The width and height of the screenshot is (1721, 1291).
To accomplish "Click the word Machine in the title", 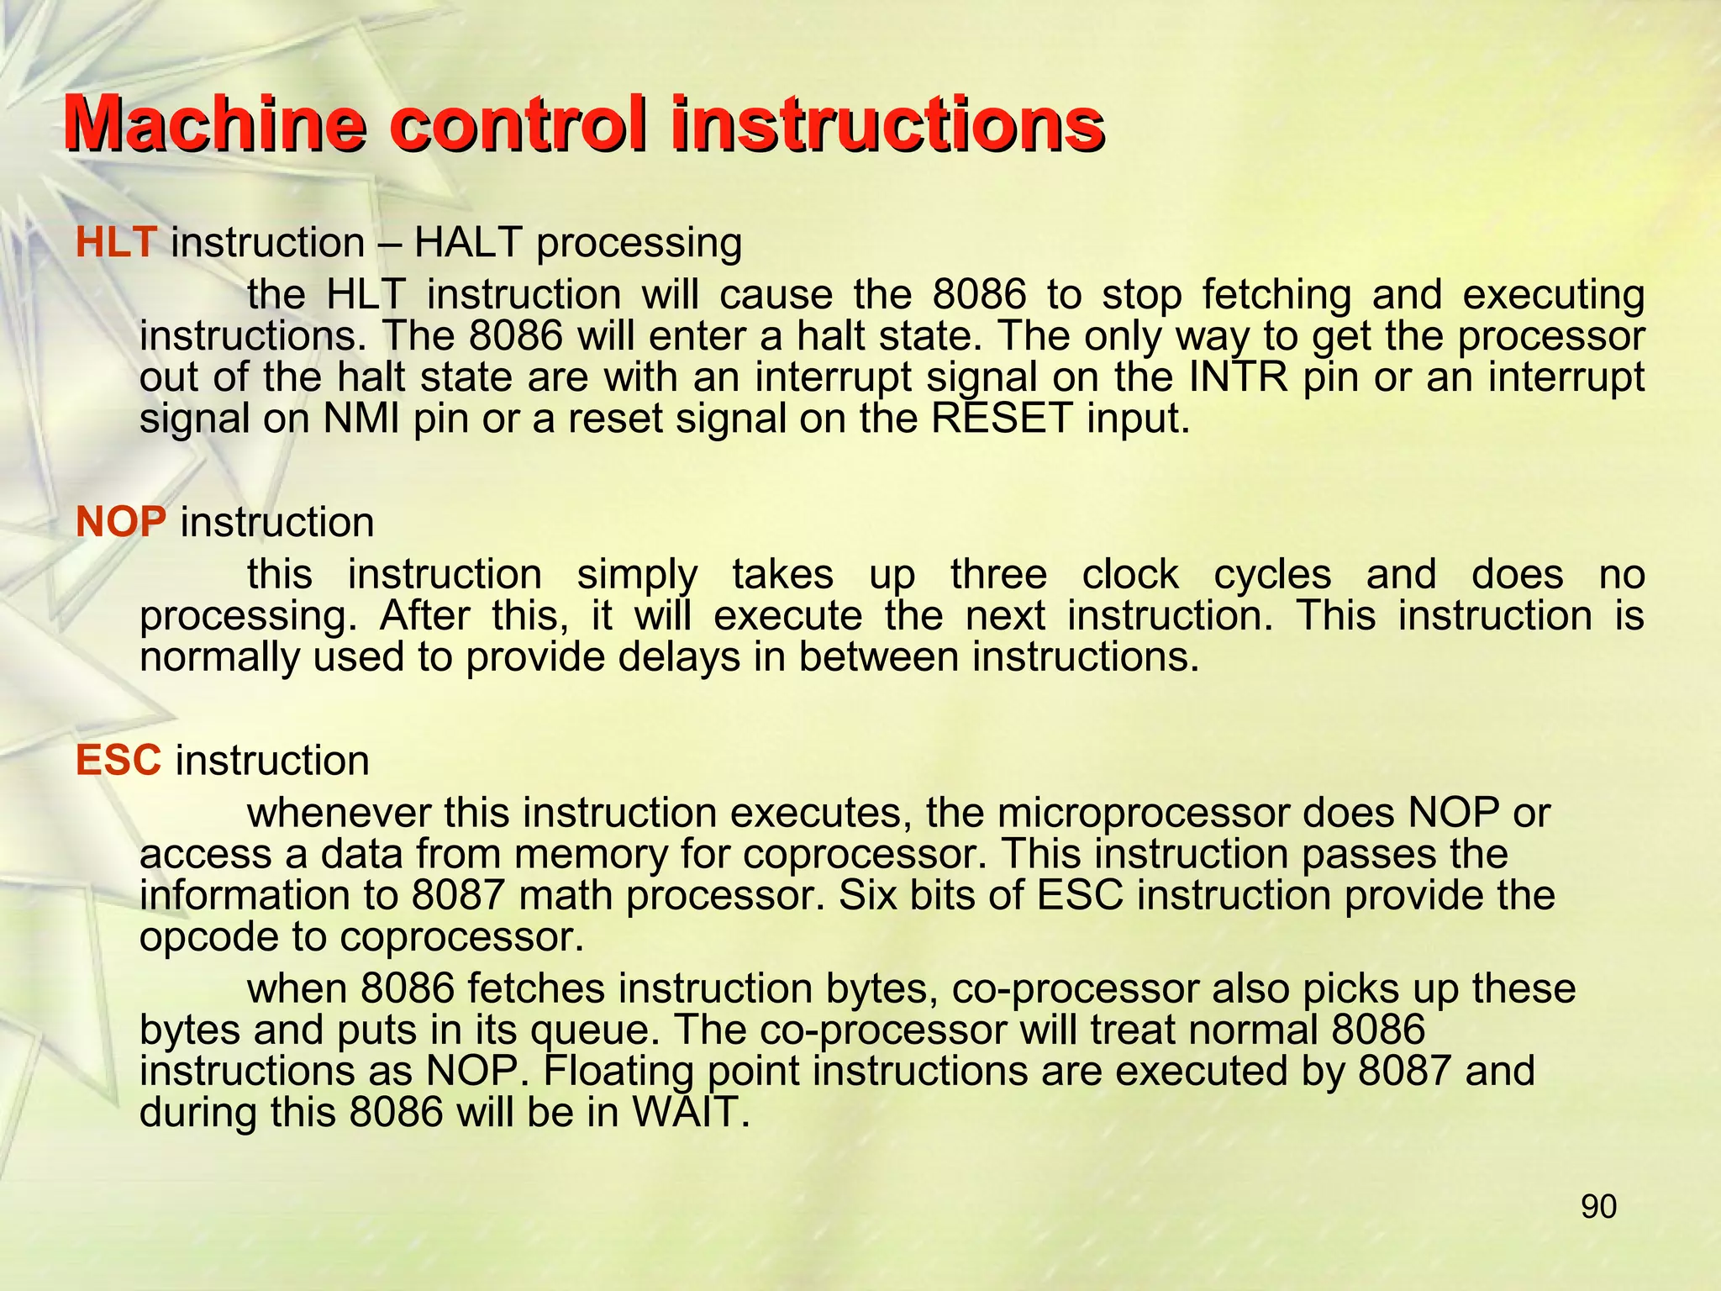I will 215,124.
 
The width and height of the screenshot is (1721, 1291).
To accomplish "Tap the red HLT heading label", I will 115,243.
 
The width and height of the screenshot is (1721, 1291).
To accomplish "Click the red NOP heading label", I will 121,523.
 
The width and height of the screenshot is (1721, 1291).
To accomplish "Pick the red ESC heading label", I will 118,761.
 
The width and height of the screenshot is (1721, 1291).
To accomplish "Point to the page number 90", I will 1598,1207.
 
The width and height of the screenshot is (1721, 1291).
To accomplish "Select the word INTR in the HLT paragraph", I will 1239,377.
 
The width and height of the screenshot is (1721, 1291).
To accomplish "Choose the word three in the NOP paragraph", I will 998,575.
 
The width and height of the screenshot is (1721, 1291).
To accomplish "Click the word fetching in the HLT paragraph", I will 1276,295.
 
